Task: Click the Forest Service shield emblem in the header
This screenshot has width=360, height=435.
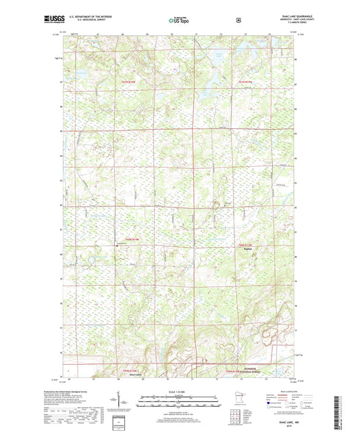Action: pos(238,20)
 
